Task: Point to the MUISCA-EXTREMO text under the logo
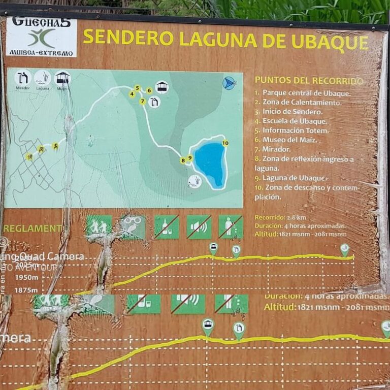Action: point(40,53)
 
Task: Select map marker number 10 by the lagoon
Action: point(225,143)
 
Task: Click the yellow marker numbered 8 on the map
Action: point(183,160)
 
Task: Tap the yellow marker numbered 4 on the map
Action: point(132,94)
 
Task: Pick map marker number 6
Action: point(149,90)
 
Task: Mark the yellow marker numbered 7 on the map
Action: point(143,102)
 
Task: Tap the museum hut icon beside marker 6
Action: point(162,87)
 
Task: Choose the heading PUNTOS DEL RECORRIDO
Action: point(309,81)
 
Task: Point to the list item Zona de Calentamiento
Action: point(298,102)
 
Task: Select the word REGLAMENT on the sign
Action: point(32,229)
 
